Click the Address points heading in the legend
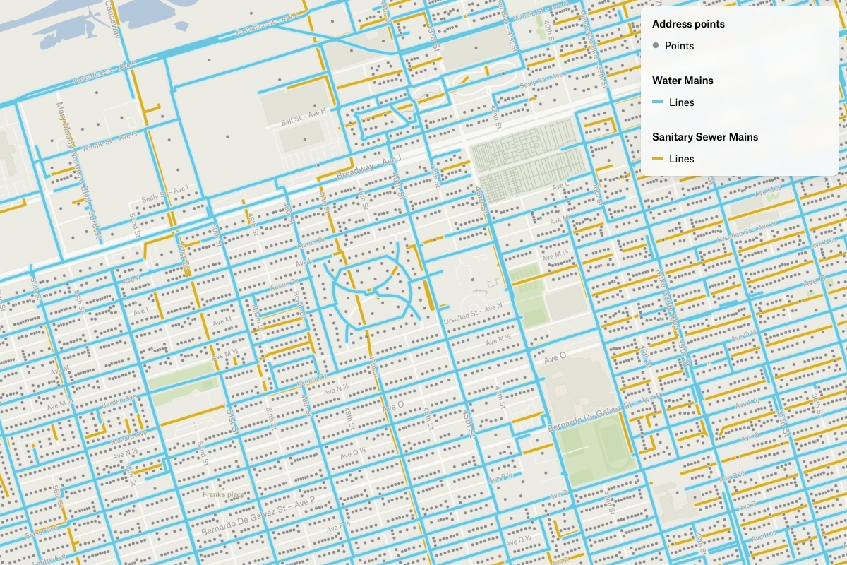coord(688,24)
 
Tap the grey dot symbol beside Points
coord(656,46)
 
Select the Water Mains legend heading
coord(683,81)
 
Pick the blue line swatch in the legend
coord(656,102)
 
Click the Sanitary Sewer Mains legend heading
coord(705,137)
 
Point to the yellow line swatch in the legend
coord(656,159)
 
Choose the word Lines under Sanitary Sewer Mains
coord(681,159)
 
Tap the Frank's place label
coord(223,494)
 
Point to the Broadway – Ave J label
coord(367,168)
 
